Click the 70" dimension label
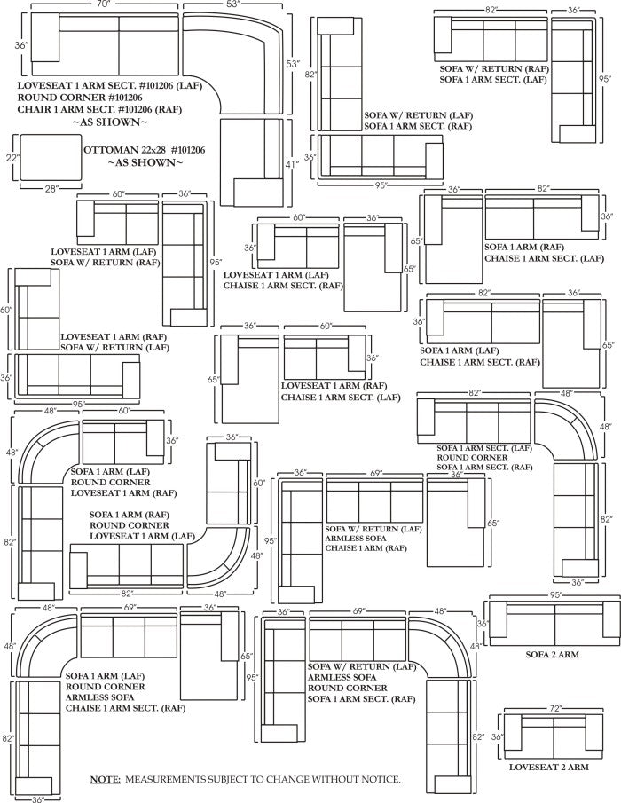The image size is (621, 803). [105, 4]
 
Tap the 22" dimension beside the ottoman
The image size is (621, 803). [12, 158]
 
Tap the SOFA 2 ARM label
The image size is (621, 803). [553, 655]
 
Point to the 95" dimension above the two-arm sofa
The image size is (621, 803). [555, 595]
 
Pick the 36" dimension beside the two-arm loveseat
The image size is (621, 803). [498, 736]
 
